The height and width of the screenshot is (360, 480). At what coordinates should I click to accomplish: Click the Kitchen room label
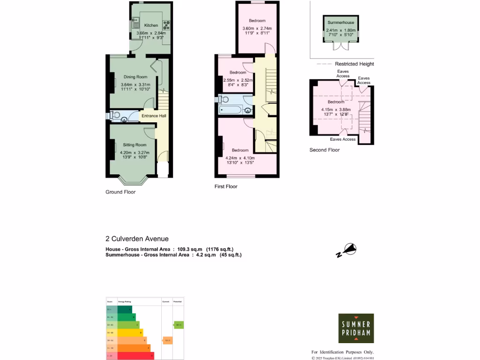[x=151, y=25]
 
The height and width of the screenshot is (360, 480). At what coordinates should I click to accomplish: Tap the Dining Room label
[x=135, y=77]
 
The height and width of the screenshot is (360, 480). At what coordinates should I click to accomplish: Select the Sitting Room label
[x=135, y=145]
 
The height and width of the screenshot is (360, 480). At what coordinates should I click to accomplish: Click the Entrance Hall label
[x=153, y=116]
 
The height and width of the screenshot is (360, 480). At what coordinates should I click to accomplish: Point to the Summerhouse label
[x=341, y=22]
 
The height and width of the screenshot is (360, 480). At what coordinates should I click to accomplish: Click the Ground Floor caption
[x=120, y=192]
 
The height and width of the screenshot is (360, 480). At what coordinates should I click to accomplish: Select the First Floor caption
[x=226, y=187]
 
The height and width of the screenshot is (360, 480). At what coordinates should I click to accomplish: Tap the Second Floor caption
[x=324, y=150]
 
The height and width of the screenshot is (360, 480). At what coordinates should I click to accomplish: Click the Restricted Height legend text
[x=354, y=64]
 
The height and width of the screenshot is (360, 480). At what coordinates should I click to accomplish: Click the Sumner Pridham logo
[x=356, y=329]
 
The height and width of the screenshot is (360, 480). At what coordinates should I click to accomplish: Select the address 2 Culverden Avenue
[x=137, y=239]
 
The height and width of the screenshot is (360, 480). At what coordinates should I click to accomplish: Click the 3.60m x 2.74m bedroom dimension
[x=257, y=29]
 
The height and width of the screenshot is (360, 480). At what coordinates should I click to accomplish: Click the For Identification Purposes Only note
[x=343, y=352]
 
